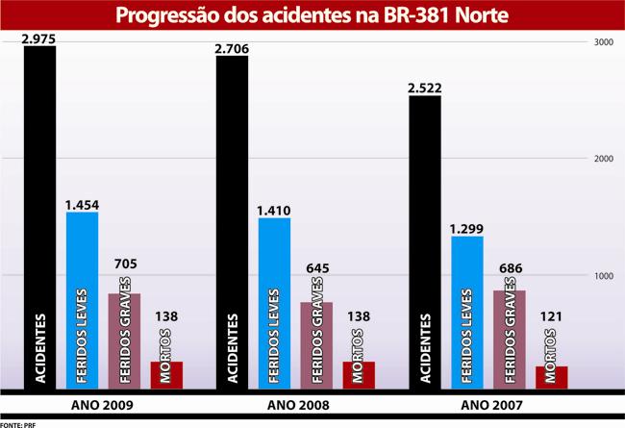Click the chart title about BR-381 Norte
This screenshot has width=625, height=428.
click(x=312, y=16)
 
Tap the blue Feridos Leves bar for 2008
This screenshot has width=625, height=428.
click(x=275, y=303)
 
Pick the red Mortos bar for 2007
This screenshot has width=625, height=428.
click(x=551, y=378)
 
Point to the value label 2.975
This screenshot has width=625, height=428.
click(x=39, y=38)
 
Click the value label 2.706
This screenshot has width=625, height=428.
click(x=232, y=47)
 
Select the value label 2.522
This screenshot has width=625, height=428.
click(x=424, y=88)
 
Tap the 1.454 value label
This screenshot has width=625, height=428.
click(x=83, y=204)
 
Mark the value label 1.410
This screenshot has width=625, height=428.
click(x=275, y=210)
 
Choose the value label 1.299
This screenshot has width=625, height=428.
click(x=467, y=228)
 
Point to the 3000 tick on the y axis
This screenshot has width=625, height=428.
click(x=604, y=43)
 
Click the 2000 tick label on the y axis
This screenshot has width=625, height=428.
click(x=604, y=160)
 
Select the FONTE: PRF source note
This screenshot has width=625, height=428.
click(x=18, y=422)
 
